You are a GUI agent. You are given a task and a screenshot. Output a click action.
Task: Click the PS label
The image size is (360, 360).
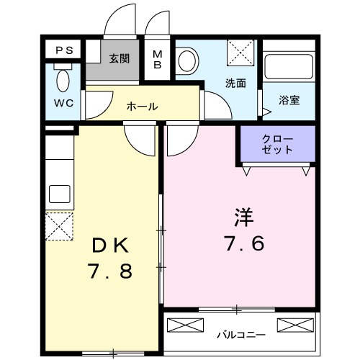(64, 50)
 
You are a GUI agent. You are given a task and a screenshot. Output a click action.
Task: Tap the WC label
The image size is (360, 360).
(64, 102)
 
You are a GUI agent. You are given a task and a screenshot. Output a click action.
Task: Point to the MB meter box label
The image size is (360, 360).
(158, 58)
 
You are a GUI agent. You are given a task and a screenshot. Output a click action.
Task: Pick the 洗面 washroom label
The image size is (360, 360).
(235, 83)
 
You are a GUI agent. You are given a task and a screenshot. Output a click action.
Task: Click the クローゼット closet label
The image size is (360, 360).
(277, 144)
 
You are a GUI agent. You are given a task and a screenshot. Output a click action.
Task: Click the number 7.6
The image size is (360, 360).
(245, 243)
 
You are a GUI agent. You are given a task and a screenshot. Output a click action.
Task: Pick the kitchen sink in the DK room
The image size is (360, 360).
(59, 194)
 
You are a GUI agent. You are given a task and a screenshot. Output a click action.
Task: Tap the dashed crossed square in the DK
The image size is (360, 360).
(59, 226)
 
